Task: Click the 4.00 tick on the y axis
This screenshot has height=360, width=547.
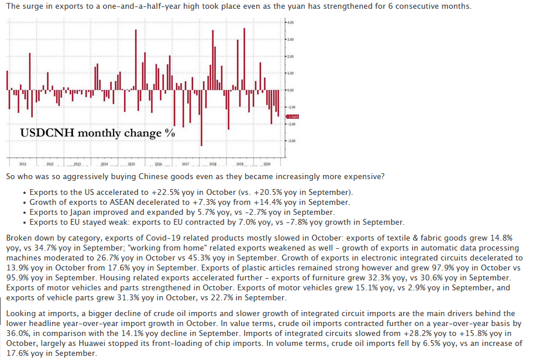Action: [290, 22]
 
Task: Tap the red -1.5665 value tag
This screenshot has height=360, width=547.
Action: [293, 116]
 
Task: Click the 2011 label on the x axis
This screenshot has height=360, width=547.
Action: [23, 164]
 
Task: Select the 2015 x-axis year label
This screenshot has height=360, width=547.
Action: [131, 164]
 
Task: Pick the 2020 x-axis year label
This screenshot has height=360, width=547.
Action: [267, 164]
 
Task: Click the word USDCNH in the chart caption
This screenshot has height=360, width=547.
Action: [47, 133]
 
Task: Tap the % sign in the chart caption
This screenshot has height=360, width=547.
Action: [170, 133]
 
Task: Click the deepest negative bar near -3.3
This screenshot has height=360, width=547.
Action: [201, 118]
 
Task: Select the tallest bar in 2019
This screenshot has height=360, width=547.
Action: [244, 59]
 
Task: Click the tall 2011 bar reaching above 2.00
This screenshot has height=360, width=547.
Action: [30, 71]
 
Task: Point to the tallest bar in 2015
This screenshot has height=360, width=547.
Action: [136, 60]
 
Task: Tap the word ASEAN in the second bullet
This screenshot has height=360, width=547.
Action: [122, 202]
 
